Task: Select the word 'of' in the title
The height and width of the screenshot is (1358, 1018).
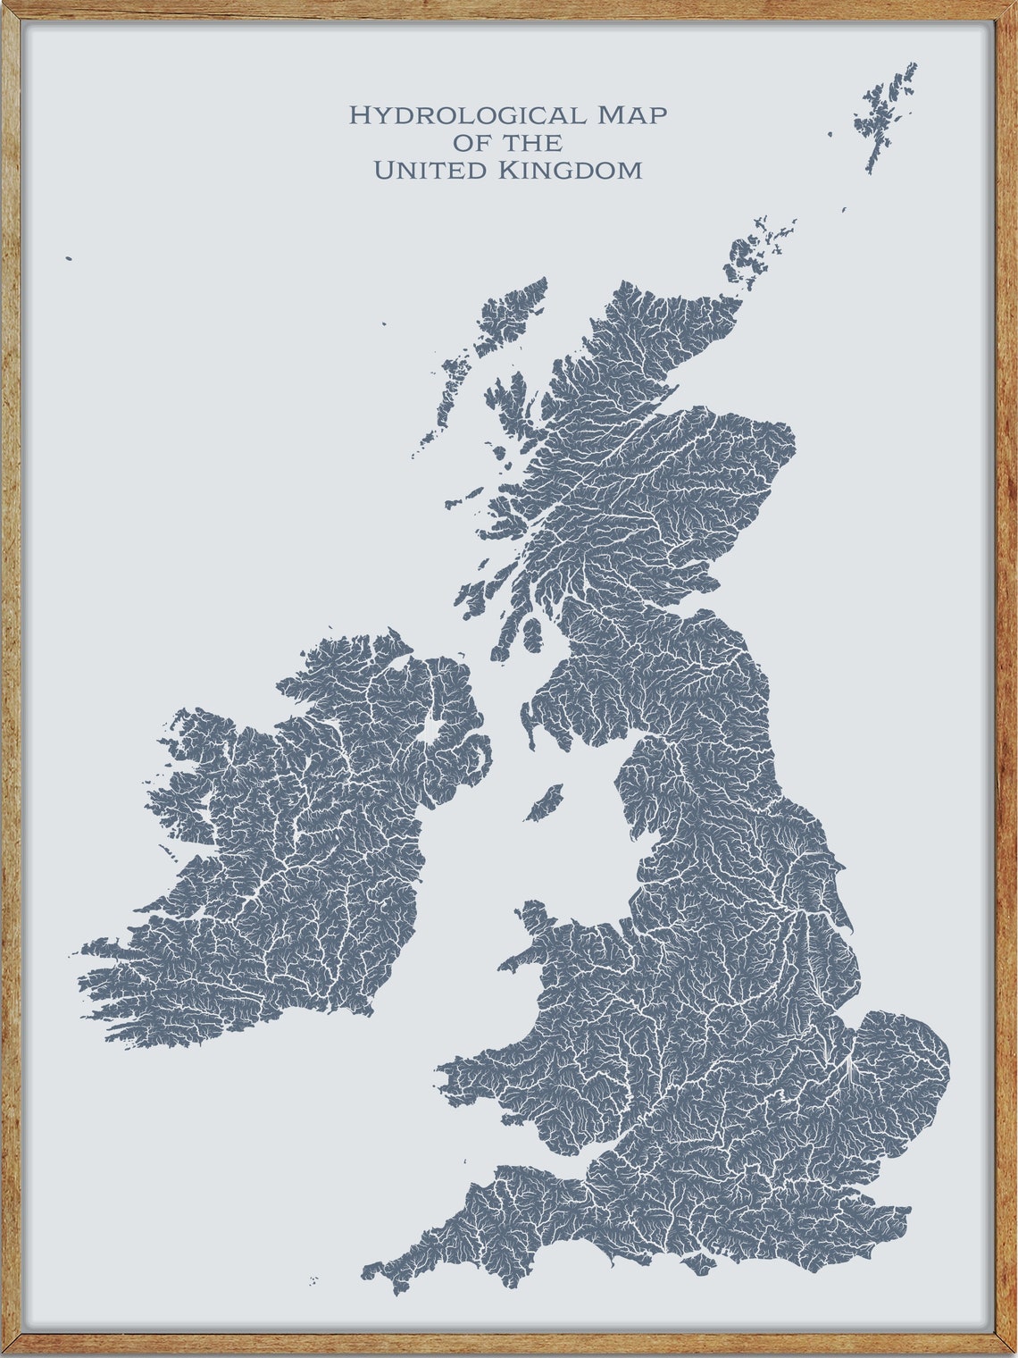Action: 471,142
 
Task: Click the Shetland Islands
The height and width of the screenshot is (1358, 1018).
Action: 884,112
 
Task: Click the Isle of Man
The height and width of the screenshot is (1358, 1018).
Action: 544,803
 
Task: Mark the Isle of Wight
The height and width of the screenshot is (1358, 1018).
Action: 699,1263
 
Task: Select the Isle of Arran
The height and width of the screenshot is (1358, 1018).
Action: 532,634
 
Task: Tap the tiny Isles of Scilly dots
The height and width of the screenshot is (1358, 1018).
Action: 313,1281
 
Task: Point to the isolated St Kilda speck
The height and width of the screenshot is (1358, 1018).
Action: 69,259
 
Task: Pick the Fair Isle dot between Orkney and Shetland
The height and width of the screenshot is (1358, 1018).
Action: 843,210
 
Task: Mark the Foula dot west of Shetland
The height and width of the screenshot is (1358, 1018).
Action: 830,134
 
